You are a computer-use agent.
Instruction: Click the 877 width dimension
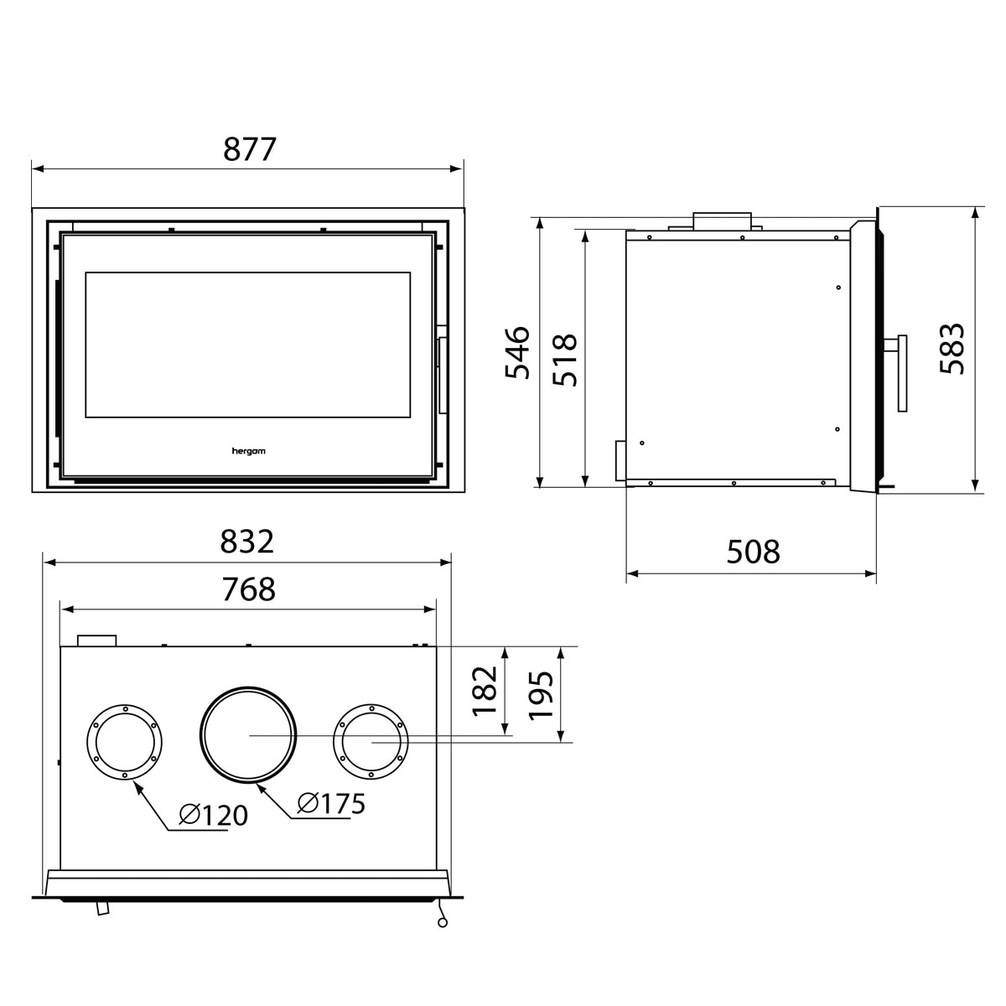[249, 149]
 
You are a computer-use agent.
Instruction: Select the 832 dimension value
[247, 542]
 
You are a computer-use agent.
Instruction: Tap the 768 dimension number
[248, 589]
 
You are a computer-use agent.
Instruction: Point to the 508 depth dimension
[754, 552]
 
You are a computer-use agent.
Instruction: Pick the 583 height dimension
[952, 348]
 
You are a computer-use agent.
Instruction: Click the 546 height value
[517, 352]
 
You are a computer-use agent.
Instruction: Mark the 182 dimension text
[485, 691]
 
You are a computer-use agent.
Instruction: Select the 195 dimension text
[541, 696]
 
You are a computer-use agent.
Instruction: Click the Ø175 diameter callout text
[331, 803]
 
